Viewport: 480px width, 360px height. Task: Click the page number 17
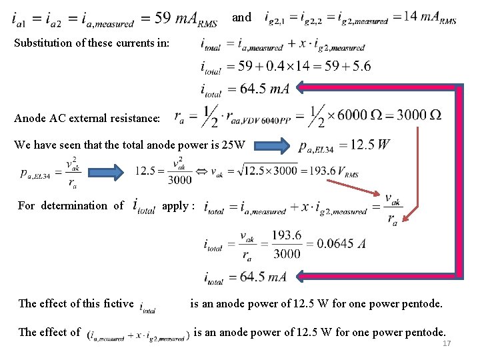pos(446,343)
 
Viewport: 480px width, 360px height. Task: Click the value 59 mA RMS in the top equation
pos(184,19)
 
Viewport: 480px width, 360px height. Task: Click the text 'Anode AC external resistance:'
pos(87,119)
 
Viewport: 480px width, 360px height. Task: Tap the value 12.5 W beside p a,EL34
pos(370,145)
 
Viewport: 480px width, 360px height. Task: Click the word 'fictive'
pos(117,304)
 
